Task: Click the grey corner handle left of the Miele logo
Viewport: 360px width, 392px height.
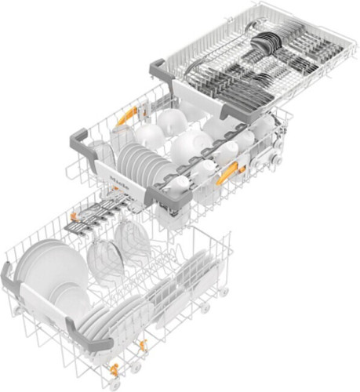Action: pyautogui.click(x=81, y=135)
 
